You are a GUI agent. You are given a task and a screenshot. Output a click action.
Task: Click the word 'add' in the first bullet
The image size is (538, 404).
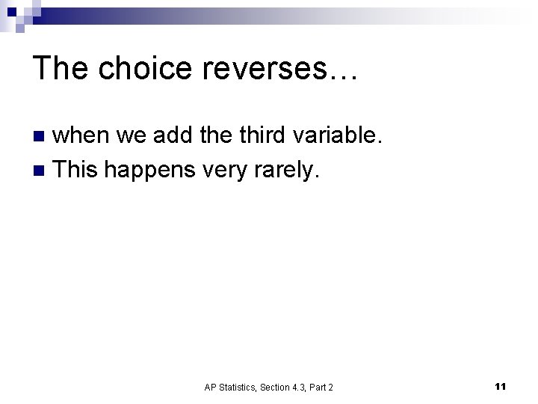pyautogui.click(x=173, y=135)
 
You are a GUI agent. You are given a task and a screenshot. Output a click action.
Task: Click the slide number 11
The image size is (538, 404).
pyautogui.click(x=501, y=386)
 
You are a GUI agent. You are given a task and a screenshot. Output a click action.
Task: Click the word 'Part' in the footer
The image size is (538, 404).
pyautogui.click(x=317, y=387)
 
